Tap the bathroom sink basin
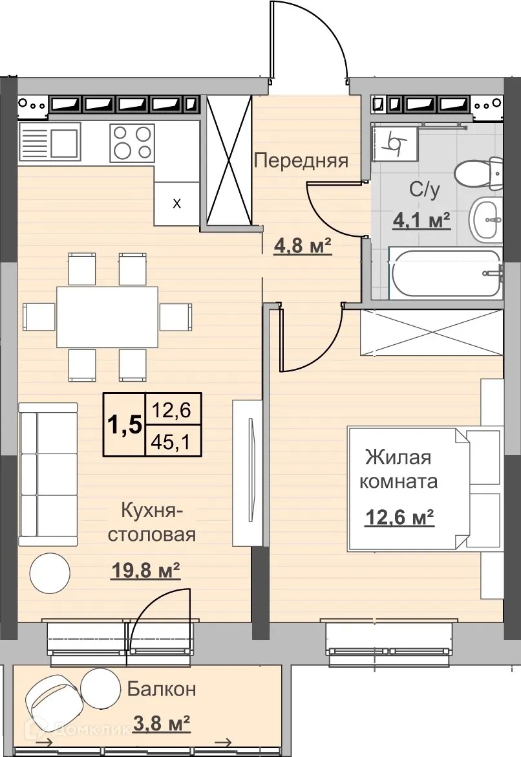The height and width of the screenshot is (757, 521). pyautogui.click(x=485, y=220)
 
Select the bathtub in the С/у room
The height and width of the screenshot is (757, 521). pyautogui.click(x=447, y=273)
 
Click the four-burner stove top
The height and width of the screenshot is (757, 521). pyautogui.click(x=132, y=142)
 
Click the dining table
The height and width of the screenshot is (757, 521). pyautogui.click(x=107, y=317)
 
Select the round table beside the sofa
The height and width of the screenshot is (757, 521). pyautogui.click(x=50, y=571)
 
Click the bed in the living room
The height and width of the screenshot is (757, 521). pyautogui.click(x=423, y=488)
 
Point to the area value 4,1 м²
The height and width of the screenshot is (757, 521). pyautogui.click(x=422, y=221)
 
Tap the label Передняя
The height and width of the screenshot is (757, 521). pyautogui.click(x=301, y=160)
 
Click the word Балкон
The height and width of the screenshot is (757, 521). pyautogui.click(x=161, y=689)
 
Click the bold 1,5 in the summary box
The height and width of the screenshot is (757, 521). pyautogui.click(x=123, y=427)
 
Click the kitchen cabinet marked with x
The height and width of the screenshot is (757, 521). pyautogui.click(x=176, y=203)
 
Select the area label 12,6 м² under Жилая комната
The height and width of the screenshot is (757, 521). pyautogui.click(x=399, y=518)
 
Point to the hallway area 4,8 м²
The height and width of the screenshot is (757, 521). pyautogui.click(x=303, y=247)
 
